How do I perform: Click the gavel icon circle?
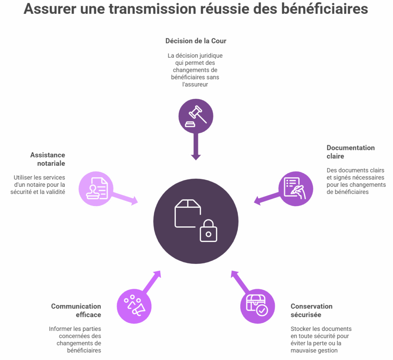coord(196,116)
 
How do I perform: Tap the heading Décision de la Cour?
coord(196,41)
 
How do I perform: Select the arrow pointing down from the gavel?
coord(196,147)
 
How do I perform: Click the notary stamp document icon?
coord(97,188)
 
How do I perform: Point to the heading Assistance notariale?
coord(48,159)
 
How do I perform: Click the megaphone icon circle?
coord(134,306)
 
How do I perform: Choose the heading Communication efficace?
coord(76,310)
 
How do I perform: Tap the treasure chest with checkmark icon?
coord(257,305)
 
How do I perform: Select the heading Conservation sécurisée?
coord(312,310)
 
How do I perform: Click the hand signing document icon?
coord(295,188)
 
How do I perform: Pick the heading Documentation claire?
coord(351,152)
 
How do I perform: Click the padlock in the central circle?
coord(208,231)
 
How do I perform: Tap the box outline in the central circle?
coord(188,214)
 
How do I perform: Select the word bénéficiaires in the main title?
coord(325,9)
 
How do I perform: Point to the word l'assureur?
coord(195,85)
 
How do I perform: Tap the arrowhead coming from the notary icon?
coord(134,201)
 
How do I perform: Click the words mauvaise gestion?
coord(314,350)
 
